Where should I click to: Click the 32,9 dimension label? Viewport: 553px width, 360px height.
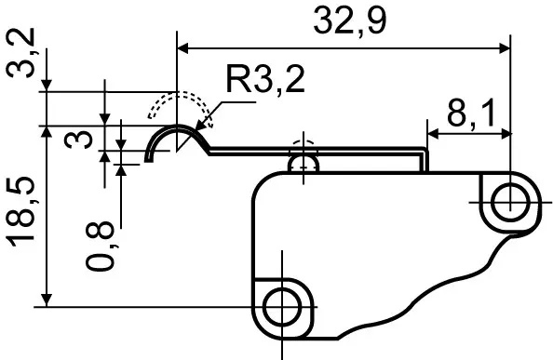pyautogui.click(x=350, y=21)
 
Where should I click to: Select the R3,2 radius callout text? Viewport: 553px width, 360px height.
pyautogui.click(x=265, y=80)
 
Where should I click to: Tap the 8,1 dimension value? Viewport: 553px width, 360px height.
pyautogui.click(x=471, y=113)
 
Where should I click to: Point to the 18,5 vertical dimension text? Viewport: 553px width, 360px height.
pyautogui.click(x=20, y=212)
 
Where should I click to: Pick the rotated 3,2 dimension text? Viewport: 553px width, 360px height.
pyautogui.click(x=20, y=53)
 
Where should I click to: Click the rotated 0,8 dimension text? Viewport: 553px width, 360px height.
pyautogui.click(x=101, y=246)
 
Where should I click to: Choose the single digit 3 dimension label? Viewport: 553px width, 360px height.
pyautogui.click(x=78, y=139)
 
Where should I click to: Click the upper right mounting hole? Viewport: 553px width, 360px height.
pyautogui.click(x=510, y=203)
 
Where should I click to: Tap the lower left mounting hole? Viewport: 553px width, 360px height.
pyautogui.click(x=282, y=306)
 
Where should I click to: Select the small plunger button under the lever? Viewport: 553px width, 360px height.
pyautogui.click(x=303, y=164)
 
